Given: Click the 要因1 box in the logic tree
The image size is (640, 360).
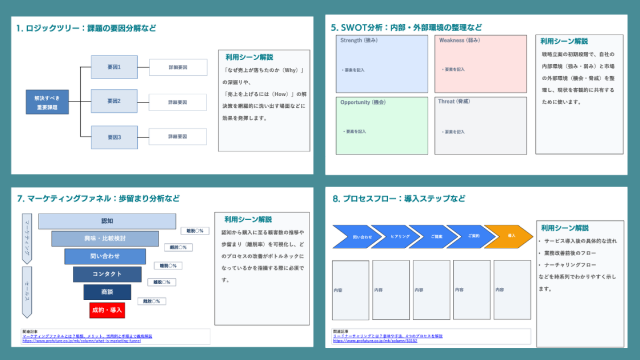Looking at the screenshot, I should (113, 68).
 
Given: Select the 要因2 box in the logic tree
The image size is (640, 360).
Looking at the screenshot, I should (113, 101).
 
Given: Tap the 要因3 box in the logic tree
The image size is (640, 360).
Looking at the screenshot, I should (113, 133).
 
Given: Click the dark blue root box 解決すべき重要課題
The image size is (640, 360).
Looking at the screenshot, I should (46, 101).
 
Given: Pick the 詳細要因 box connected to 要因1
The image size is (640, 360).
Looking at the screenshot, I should (178, 68).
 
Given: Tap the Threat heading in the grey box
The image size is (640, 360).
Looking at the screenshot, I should (454, 102).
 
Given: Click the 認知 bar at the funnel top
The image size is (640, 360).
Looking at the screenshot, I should (107, 221).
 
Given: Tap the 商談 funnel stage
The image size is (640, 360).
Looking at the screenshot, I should (107, 291).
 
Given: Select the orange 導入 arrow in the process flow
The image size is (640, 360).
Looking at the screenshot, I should (510, 236).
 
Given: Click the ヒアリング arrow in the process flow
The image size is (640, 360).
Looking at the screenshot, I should (398, 236).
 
